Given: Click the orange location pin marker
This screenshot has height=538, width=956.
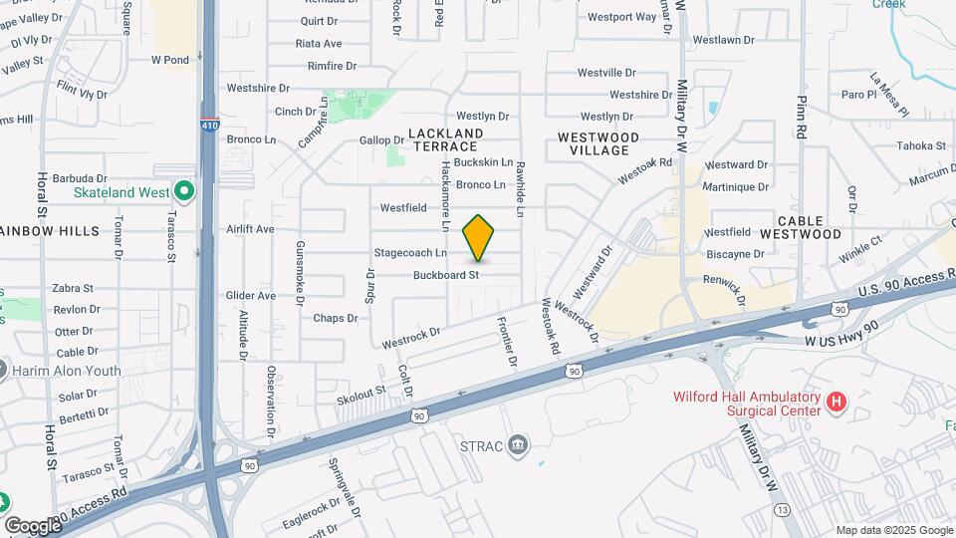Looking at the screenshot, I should click(x=479, y=238).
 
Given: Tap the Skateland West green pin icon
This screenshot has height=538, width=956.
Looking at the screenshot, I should click(x=183, y=190).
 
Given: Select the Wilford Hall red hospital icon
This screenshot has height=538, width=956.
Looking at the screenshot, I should click(x=836, y=403).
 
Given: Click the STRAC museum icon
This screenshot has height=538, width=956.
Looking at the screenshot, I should click(x=517, y=443).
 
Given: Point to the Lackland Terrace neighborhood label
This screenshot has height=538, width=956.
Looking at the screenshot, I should click(x=446, y=139).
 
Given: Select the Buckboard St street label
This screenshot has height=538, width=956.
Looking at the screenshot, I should click(x=446, y=274).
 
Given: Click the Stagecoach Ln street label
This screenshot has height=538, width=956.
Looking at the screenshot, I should click(x=410, y=253).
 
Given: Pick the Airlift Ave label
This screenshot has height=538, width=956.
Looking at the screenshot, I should click(x=250, y=229).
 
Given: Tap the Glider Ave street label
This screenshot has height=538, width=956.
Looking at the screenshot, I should click(x=251, y=296).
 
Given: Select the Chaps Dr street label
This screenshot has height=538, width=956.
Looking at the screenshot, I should click(x=335, y=319).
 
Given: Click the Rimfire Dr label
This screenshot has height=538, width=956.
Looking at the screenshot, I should click(x=332, y=66).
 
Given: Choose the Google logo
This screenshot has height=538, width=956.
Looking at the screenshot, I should click(x=32, y=525).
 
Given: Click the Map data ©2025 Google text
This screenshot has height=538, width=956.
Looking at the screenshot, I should click(x=893, y=530).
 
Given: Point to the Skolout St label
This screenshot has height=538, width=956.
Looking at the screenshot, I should click(x=359, y=394).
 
